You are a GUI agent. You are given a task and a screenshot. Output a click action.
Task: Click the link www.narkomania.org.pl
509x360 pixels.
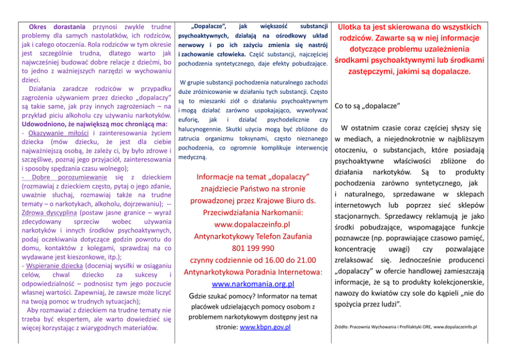[x=252, y=283]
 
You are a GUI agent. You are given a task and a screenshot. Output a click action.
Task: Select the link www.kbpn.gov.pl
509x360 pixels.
[x=265, y=327]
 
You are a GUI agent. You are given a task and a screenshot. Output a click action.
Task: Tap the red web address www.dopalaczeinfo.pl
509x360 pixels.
[x=252, y=224]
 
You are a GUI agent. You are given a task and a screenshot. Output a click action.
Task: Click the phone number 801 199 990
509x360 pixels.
[x=252, y=248]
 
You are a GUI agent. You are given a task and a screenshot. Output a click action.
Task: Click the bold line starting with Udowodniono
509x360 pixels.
[x=94, y=124]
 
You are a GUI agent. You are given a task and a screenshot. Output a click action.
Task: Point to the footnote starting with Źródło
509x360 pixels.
[x=405, y=326]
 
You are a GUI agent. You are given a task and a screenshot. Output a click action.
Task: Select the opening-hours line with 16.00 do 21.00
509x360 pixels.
[x=252, y=260]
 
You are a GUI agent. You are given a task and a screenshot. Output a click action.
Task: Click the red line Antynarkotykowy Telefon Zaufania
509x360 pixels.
[x=252, y=236]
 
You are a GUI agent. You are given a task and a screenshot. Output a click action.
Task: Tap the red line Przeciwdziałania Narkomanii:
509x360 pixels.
[x=252, y=213]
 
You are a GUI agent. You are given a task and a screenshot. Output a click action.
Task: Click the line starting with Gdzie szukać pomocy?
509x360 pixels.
[x=252, y=296]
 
